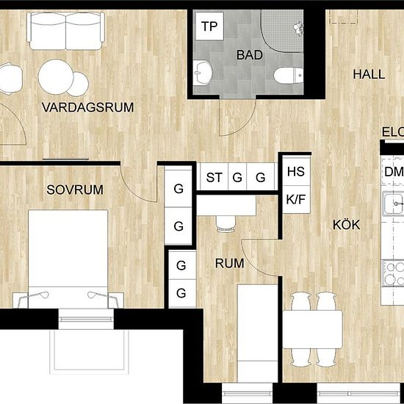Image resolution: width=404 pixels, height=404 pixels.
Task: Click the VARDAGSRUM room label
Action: pos(88,107)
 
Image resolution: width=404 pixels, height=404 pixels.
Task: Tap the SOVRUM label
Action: pos(75,190)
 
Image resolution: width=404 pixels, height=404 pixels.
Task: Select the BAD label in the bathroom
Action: pos(250,55)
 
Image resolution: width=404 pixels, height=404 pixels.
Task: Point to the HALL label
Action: pos(369,74)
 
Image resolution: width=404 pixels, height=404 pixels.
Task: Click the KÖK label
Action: pos(346,225)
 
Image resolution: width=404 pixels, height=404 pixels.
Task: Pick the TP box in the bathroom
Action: pos(209,26)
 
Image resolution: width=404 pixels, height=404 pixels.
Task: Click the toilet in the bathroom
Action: pos(289,76)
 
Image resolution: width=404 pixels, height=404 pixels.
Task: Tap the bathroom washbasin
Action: pos(203,73)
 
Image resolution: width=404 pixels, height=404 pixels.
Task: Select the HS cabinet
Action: pos(296,171)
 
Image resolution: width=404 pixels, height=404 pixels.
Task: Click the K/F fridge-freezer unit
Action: pos(296,199)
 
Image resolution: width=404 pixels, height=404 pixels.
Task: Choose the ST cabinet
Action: pos(214,177)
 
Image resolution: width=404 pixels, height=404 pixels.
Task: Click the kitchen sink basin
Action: pos(393,203)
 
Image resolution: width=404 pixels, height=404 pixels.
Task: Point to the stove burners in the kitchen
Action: pos(394,273)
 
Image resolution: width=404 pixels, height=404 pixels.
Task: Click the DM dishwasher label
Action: pos(394,172)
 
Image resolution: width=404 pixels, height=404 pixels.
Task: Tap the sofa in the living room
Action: pos(66,31)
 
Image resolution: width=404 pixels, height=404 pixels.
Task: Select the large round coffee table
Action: pos(56,77)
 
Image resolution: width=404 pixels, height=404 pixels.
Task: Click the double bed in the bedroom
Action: pos(68,259)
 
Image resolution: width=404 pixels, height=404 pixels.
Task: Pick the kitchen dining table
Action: pos(312,330)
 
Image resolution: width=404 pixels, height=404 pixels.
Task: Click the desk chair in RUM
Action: pos(226,223)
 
